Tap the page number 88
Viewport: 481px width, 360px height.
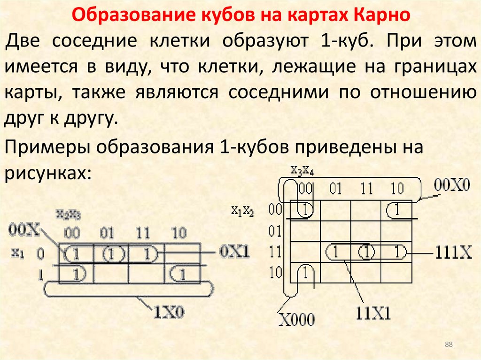449,345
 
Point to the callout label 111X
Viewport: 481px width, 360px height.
453,253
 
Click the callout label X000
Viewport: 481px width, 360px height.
297,320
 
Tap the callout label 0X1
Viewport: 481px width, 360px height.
234,252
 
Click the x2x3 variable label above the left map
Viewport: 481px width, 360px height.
68,214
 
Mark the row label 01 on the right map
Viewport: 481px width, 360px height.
275,231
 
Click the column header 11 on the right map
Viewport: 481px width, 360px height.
366,189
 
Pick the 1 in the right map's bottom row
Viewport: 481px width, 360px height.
305,273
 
